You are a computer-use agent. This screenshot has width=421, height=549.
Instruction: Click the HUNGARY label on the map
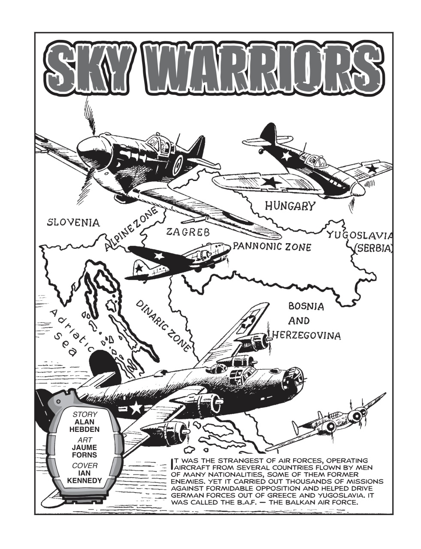coord(290,206)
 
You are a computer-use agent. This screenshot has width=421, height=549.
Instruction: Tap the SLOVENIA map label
coord(73,222)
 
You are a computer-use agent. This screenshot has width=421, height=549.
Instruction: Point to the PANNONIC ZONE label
coord(272,247)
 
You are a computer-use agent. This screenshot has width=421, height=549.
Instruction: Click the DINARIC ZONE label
coord(163,326)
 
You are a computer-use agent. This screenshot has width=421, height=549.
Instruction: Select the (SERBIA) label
coord(373,248)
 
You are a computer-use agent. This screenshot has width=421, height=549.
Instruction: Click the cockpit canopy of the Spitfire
coord(158,143)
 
